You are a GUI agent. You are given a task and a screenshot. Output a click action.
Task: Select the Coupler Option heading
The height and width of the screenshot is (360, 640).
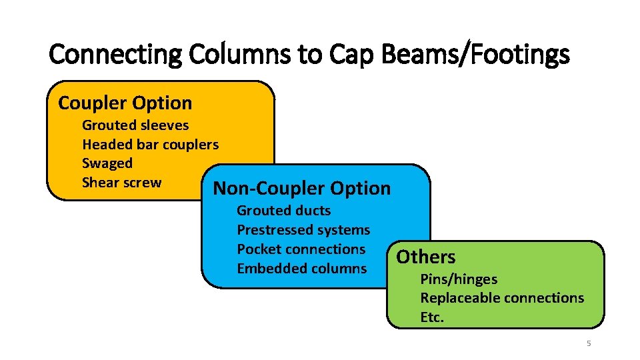(125, 103)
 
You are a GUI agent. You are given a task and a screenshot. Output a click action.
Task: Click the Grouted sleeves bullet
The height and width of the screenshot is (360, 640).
(135, 125)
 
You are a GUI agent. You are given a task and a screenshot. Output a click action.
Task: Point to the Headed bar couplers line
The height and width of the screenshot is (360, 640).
(150, 144)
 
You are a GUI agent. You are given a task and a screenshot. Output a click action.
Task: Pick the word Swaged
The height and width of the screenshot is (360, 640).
(107, 163)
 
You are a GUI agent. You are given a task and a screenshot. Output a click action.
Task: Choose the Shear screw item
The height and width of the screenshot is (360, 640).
(121, 183)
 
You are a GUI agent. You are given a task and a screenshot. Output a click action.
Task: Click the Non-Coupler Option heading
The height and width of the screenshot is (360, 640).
(301, 188)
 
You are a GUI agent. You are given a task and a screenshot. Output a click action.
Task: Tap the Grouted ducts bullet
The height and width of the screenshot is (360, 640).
(283, 211)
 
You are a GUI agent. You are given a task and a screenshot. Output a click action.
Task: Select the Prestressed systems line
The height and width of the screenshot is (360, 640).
(303, 230)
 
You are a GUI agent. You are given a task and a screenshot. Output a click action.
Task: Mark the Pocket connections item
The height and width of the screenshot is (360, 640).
(301, 249)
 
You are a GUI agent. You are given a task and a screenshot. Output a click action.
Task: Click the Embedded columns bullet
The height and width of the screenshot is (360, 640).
(301, 268)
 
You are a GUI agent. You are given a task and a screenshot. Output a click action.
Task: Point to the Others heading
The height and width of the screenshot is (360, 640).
(426, 257)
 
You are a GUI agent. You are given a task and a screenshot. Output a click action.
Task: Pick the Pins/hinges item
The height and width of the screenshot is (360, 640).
(459, 279)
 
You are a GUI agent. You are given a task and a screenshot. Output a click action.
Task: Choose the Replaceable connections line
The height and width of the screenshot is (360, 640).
(502, 298)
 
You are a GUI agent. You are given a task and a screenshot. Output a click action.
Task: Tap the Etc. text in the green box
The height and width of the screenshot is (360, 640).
(432, 317)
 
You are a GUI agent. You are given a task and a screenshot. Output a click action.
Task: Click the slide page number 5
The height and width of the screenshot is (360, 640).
(589, 344)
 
